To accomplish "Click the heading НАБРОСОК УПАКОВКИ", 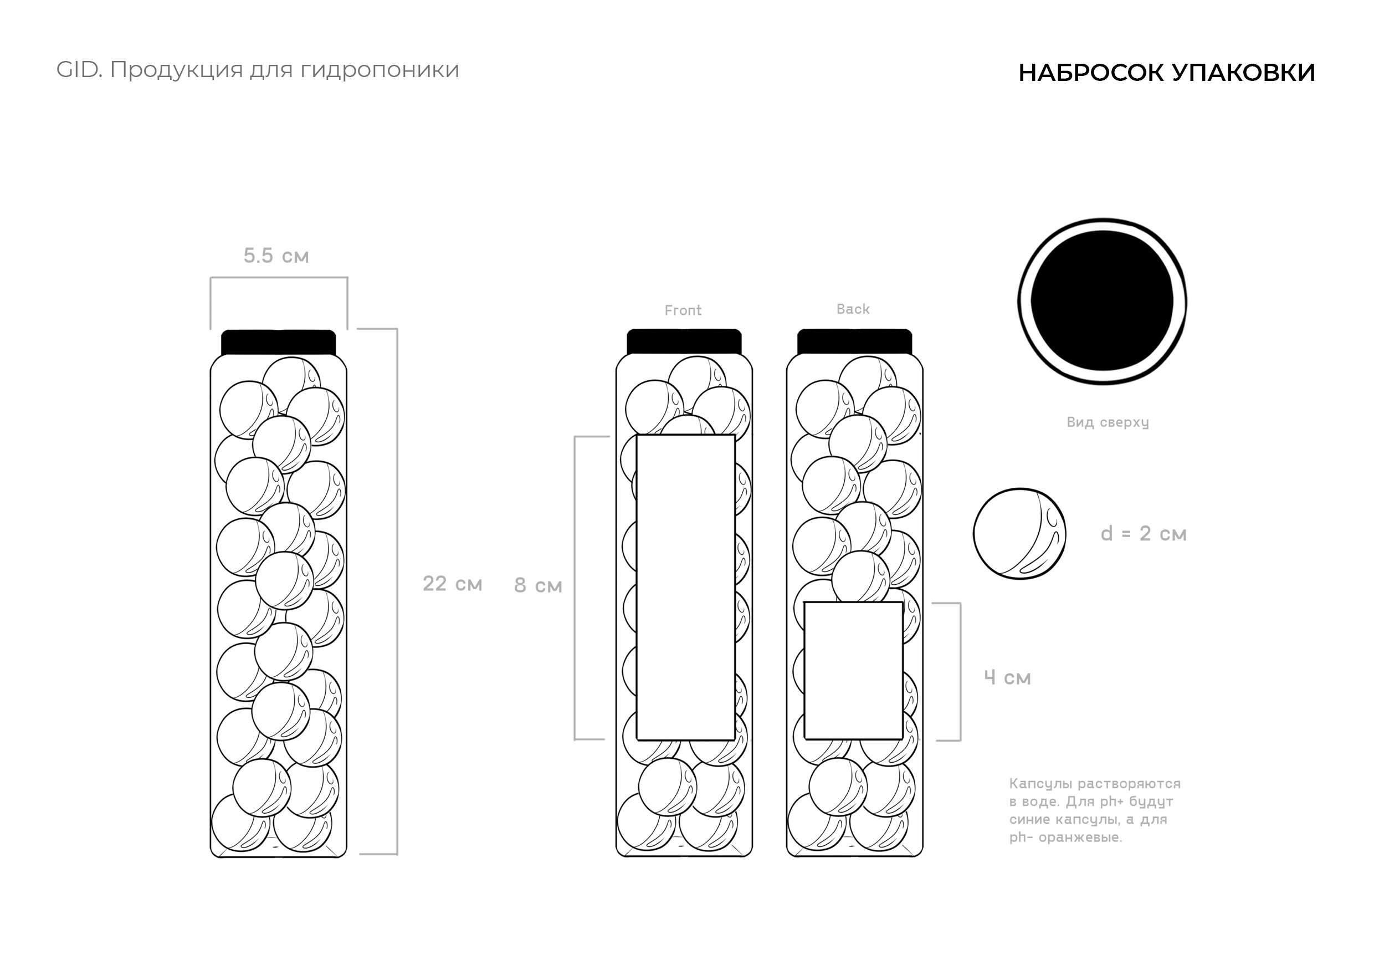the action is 1166,73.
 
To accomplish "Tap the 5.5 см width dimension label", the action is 276,256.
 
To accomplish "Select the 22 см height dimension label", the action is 453,584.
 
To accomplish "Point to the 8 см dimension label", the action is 538,585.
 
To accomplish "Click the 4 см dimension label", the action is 1008,678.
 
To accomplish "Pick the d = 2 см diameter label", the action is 1144,533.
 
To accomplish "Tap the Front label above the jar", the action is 683,310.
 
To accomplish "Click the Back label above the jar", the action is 853,309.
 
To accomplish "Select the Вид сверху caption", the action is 1108,423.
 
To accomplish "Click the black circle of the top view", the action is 1103,301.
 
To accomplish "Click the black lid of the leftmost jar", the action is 278,343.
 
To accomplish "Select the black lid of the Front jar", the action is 684,341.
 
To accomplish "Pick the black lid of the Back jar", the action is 854,341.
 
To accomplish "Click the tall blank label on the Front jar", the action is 686,588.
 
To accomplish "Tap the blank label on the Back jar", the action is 853,671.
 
